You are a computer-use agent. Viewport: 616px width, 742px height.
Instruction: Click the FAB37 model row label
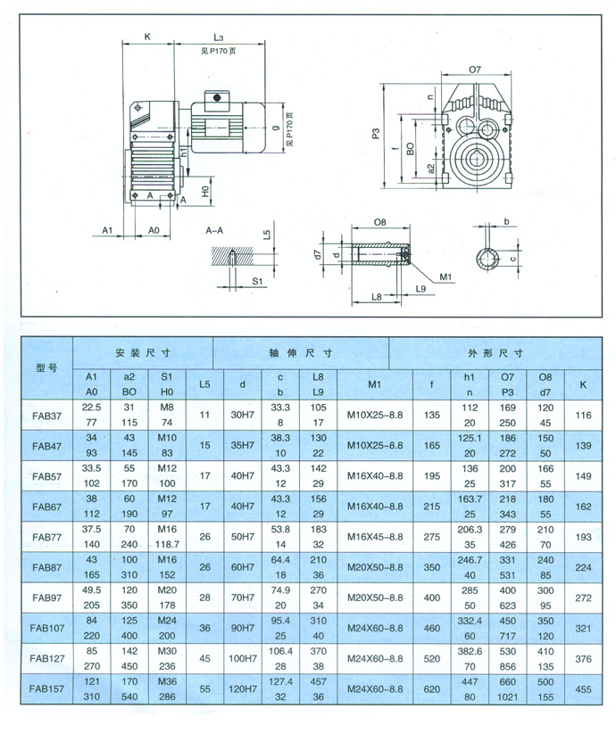[x=47, y=416]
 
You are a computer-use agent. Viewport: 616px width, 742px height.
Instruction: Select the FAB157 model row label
[x=46, y=688]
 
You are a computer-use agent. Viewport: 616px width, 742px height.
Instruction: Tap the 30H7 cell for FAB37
[x=242, y=415]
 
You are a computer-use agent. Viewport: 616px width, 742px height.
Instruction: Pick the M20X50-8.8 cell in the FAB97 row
[x=375, y=598]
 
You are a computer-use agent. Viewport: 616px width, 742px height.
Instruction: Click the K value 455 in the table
[x=583, y=689]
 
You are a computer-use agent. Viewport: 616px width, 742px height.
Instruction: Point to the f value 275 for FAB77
[x=432, y=537]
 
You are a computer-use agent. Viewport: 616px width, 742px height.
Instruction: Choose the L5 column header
[x=204, y=384]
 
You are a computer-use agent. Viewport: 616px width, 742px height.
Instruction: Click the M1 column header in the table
[x=374, y=384]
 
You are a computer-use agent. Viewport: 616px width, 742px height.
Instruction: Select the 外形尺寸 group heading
[x=495, y=353]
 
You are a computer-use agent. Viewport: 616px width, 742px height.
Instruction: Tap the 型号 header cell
[x=46, y=367]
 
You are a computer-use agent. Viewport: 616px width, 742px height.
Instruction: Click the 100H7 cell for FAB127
[x=243, y=658]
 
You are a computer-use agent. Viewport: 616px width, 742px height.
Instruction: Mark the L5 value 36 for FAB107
[x=204, y=628]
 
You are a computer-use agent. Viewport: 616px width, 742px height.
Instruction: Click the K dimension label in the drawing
[x=147, y=37]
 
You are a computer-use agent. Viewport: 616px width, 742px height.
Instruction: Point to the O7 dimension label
[x=475, y=70]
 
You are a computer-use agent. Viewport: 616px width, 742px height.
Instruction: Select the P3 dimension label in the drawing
[x=376, y=134]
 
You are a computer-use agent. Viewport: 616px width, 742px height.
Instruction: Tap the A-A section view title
[x=214, y=230]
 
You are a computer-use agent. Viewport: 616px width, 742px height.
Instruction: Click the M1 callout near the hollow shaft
[x=445, y=276]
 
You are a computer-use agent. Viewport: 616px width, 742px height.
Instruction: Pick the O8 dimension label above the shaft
[x=379, y=222]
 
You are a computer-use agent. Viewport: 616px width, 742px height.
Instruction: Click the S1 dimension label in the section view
[x=257, y=281]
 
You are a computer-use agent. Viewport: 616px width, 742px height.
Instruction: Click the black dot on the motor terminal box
[x=217, y=98]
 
